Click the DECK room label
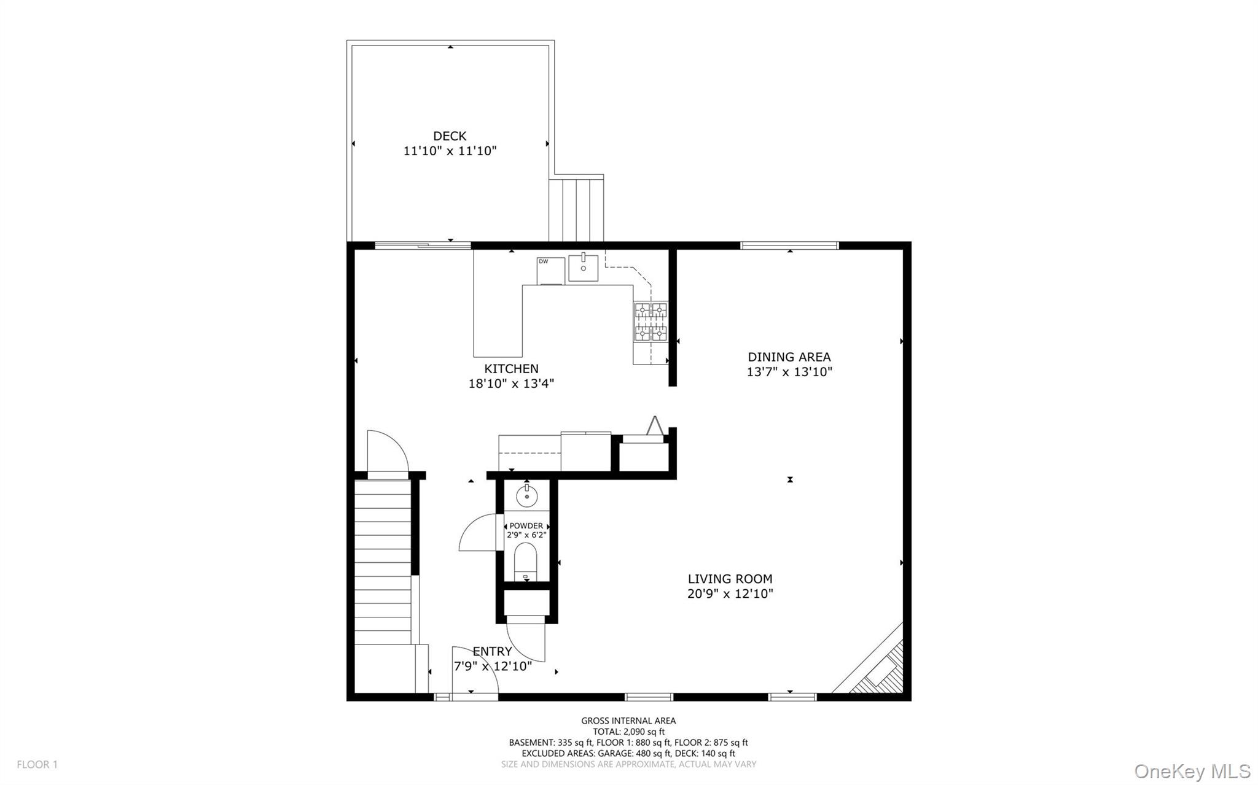pyautogui.click(x=450, y=136)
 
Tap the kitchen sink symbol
pyautogui.click(x=583, y=268)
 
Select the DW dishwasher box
pyautogui.click(x=550, y=271)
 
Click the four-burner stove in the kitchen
pyautogui.click(x=650, y=322)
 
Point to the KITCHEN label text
pyautogui.click(x=511, y=369)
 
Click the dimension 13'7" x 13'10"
pyautogui.click(x=789, y=372)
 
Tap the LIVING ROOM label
pyautogui.click(x=730, y=579)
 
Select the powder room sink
pyautogui.click(x=527, y=495)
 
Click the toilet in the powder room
pyautogui.click(x=525, y=563)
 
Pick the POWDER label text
pyautogui.click(x=526, y=526)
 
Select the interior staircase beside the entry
pyautogui.click(x=382, y=562)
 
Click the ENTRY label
pyautogui.click(x=492, y=652)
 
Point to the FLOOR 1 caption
pyautogui.click(x=37, y=765)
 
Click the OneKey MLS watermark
pyautogui.click(x=1192, y=771)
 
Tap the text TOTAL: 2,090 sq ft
pyautogui.click(x=628, y=732)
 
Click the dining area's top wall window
pyautogui.click(x=789, y=246)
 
